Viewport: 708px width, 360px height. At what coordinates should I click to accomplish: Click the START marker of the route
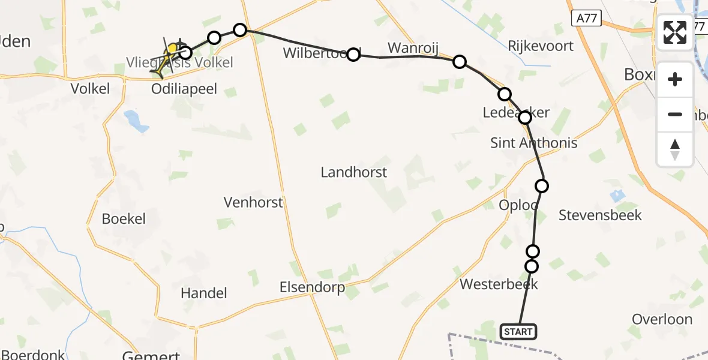[x=518, y=332]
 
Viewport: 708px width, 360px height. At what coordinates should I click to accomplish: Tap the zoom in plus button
[x=675, y=79]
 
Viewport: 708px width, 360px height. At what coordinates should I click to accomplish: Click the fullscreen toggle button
[x=675, y=32]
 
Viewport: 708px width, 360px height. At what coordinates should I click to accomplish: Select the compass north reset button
[x=675, y=149]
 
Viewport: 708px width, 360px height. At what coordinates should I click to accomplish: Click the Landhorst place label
[x=353, y=173]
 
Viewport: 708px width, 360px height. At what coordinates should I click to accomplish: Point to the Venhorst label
[x=253, y=202]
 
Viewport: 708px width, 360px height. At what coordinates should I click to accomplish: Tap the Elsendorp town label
[x=312, y=288]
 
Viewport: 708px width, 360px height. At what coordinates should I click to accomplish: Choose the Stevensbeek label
[x=600, y=215]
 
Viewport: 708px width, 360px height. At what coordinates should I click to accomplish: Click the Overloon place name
[x=662, y=319]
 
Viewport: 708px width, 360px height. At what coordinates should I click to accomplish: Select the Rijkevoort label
[x=541, y=46]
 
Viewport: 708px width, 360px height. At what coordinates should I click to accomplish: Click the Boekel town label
[x=124, y=218]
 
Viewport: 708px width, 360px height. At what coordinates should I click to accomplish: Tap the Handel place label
[x=204, y=293]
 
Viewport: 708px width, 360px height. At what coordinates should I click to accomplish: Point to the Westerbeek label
[x=499, y=284]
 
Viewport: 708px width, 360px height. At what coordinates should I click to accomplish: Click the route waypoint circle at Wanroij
[x=459, y=61]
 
